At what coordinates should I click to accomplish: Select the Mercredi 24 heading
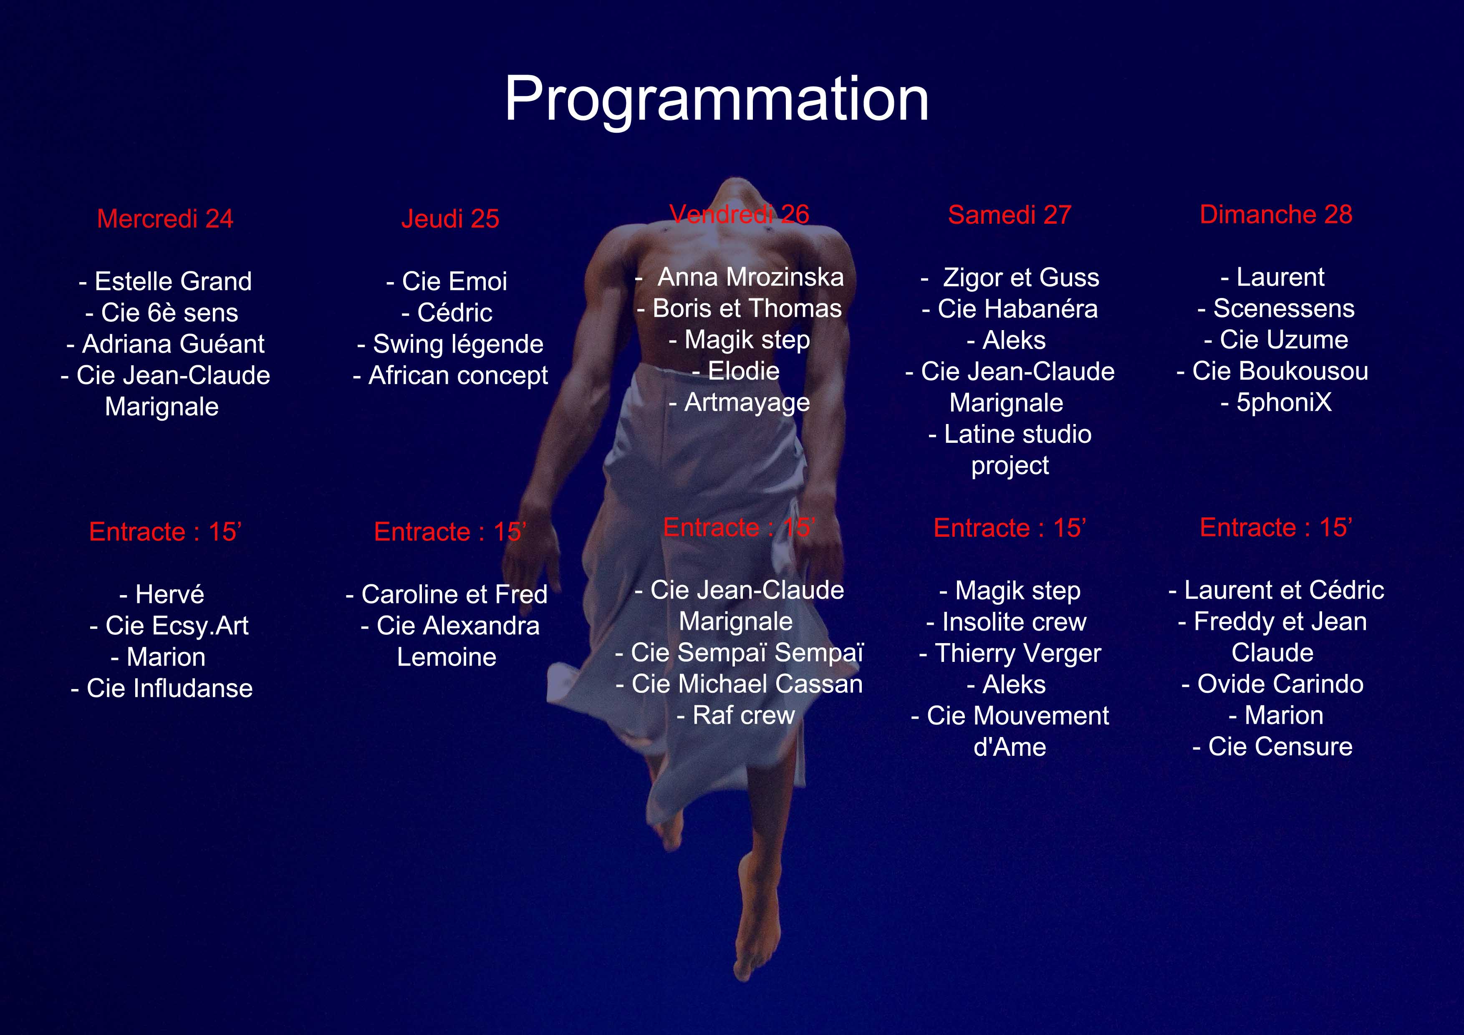coord(165,219)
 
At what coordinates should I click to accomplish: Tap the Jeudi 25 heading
coord(450,219)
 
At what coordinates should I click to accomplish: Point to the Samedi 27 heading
coord(1010,215)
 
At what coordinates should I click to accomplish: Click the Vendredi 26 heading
coord(740,214)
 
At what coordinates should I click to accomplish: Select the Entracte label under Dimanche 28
coord(1276,528)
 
